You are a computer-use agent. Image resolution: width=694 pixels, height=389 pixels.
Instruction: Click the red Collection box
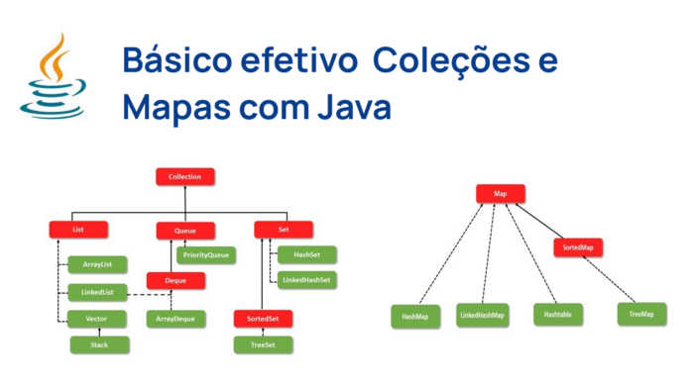tap(185, 177)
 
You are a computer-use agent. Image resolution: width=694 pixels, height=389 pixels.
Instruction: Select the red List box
tap(78, 230)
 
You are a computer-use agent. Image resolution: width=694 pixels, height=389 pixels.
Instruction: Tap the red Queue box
tap(185, 231)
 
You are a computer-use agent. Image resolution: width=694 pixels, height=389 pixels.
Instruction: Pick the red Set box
tap(284, 230)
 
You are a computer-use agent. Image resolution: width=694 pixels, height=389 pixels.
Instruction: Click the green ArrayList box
tap(96, 264)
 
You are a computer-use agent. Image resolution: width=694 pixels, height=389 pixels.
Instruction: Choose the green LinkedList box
tap(96, 292)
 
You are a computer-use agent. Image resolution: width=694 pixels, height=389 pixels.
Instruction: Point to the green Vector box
tap(96, 319)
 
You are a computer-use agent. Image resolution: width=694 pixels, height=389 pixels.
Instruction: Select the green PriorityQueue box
tap(206, 254)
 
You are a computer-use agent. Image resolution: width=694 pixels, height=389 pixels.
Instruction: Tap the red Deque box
tap(175, 281)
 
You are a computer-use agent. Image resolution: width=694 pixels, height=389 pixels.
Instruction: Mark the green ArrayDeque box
tap(175, 319)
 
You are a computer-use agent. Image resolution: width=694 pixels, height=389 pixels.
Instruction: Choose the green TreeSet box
tap(262, 344)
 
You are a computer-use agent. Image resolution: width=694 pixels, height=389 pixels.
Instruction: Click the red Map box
tap(501, 194)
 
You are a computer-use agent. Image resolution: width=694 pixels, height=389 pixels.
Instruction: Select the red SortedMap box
tap(578, 247)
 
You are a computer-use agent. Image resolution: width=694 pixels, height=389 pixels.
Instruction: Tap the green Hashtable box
tap(558, 315)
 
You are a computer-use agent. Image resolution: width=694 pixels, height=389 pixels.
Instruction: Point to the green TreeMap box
tap(641, 315)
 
